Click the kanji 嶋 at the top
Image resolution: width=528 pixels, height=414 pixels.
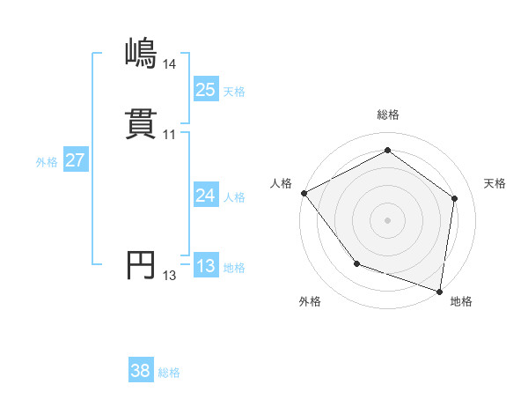click(141, 55)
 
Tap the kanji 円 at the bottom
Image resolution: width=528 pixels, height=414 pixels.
click(141, 265)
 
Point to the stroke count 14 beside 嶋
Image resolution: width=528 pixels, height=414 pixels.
click(169, 64)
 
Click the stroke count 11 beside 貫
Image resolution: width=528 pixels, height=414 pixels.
click(169, 135)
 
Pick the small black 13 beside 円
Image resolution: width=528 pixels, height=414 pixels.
click(169, 276)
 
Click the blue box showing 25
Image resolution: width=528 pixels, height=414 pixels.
click(205, 89)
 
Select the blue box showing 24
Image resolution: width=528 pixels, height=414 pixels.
click(205, 196)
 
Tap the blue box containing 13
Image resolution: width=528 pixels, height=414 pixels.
click(205, 266)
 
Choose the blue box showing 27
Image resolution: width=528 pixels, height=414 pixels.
click(76, 160)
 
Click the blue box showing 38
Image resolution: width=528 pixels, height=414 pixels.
click(141, 371)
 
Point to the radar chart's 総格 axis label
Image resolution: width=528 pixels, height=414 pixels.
click(387, 115)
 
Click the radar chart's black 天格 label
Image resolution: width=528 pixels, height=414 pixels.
click(495, 183)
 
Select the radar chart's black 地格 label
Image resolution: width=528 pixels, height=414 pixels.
click(461, 301)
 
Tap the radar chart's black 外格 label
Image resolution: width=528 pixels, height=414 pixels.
click(310, 301)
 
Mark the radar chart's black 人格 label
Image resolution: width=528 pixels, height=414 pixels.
click(281, 183)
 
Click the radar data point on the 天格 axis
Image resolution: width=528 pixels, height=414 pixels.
click(454, 198)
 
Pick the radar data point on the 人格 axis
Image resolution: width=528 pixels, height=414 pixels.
click(304, 192)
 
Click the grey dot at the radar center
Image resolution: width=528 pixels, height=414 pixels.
click(387, 220)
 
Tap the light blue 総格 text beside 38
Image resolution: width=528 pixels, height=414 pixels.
click(169, 373)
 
